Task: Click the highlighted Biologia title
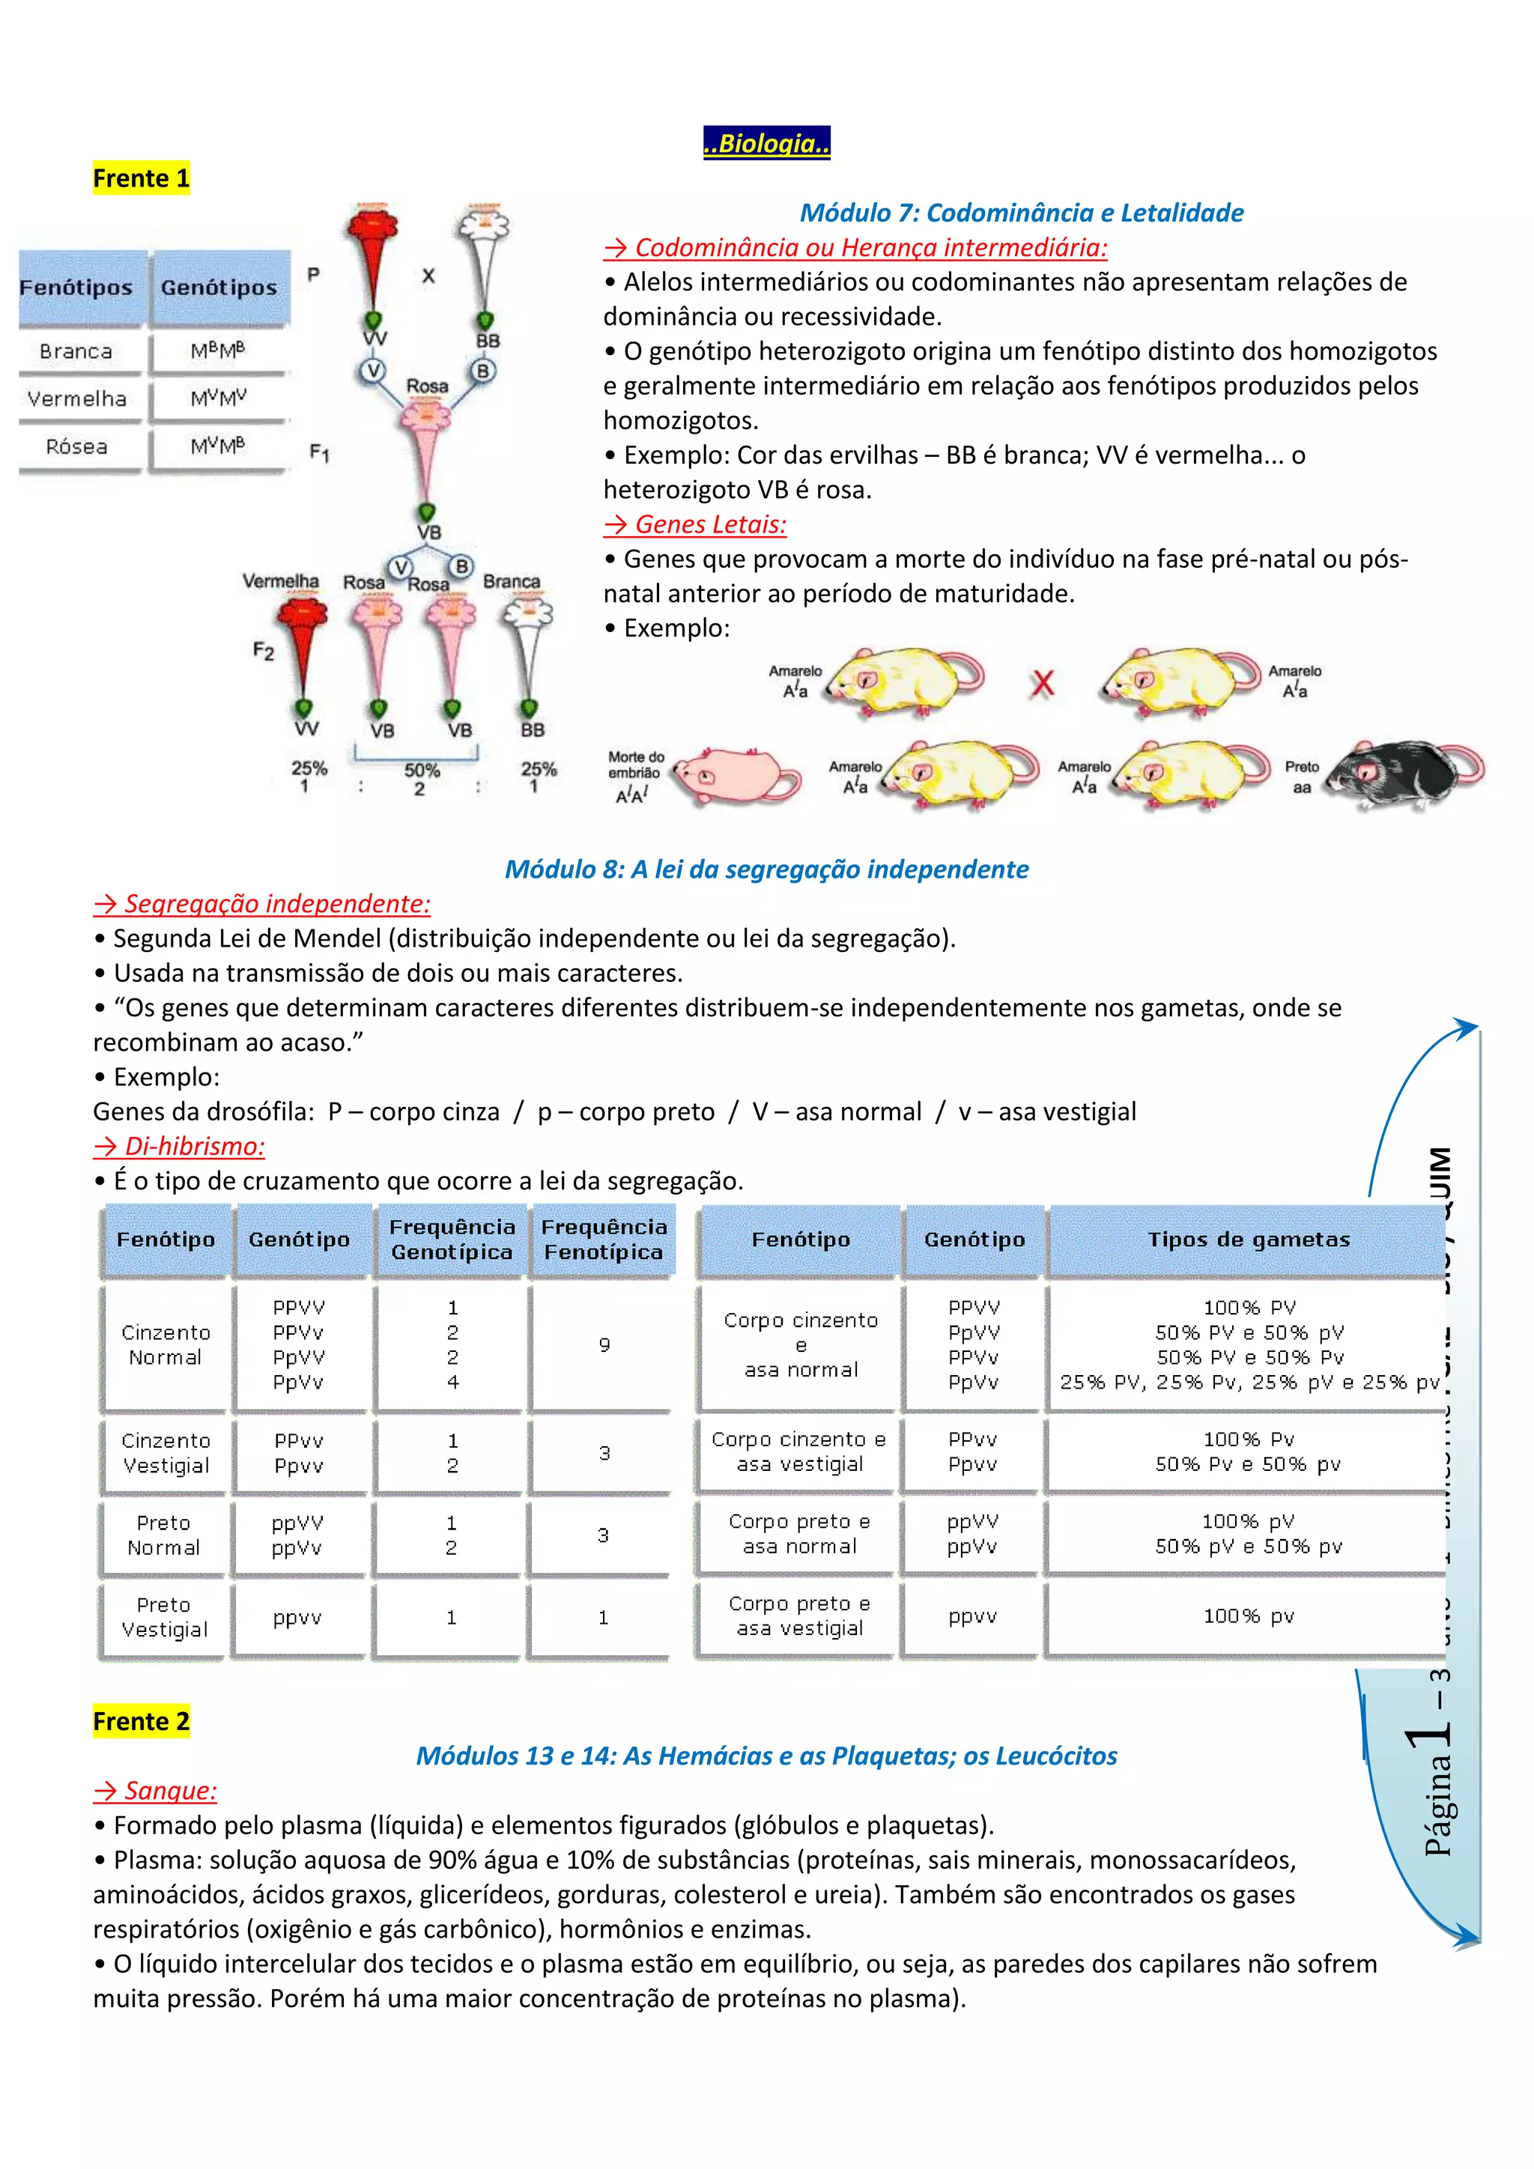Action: (x=766, y=144)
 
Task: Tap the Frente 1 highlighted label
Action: (x=141, y=178)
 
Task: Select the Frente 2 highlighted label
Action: (x=141, y=1721)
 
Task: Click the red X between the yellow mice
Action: (x=1042, y=682)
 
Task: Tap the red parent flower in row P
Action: (x=373, y=255)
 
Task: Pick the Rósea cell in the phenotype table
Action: (x=77, y=447)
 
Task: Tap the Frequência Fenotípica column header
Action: (x=604, y=1240)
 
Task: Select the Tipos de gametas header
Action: (x=1248, y=1240)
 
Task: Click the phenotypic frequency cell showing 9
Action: (x=604, y=1344)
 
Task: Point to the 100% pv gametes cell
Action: (x=1248, y=1616)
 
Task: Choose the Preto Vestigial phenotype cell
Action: (x=164, y=1617)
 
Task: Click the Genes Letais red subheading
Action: (x=695, y=524)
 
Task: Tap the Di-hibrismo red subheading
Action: (x=180, y=1146)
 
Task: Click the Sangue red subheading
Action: (x=156, y=1790)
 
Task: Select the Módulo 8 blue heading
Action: (x=766, y=869)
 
